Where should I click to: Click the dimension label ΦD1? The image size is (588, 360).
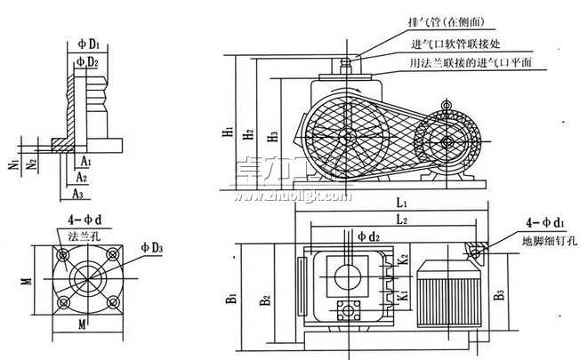[88, 44]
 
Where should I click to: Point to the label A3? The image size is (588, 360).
[77, 192]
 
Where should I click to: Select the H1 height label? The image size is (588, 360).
[228, 130]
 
